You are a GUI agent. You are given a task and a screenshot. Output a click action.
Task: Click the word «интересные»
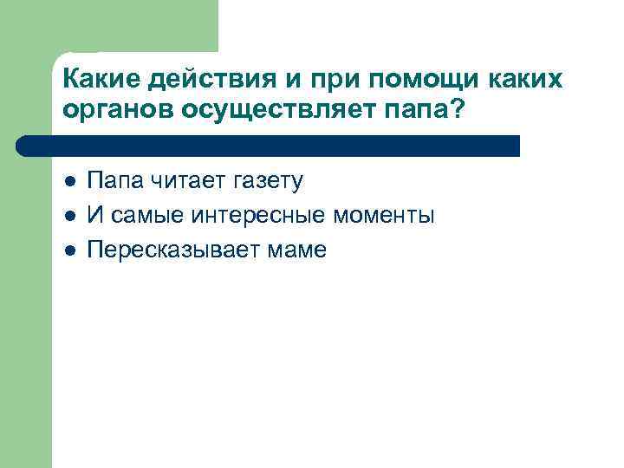(x=254, y=215)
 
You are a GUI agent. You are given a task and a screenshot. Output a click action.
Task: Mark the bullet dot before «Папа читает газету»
(x=70, y=181)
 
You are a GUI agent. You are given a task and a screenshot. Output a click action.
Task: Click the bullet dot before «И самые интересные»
(x=70, y=216)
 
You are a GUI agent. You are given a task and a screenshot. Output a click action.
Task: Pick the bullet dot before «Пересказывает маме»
(x=70, y=250)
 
